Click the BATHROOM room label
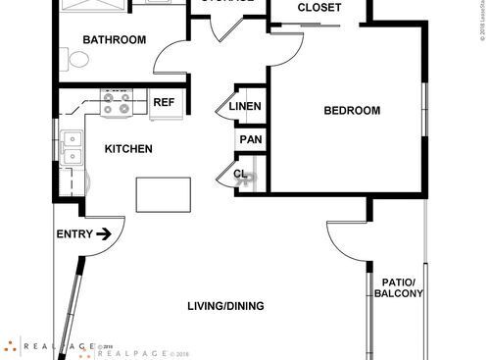pos(114,40)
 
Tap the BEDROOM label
pos(352,111)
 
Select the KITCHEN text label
pos(128,149)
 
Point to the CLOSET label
pos(318,8)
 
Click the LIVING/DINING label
pos(226,306)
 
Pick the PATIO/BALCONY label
pos(400,288)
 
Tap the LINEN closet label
pos(245,106)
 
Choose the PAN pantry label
pos(251,139)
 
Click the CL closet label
pos(241,175)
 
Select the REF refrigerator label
pos(163,101)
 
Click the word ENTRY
pos(73,233)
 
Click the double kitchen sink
pos(71,148)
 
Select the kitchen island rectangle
pos(163,193)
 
